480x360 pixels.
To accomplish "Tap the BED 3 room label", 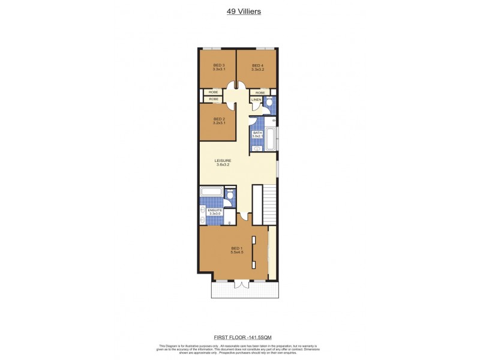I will click(219, 65).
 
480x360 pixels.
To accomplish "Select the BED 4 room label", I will click(257, 65).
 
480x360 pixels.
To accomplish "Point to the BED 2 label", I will click(219, 119).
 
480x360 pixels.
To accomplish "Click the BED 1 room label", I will click(237, 248).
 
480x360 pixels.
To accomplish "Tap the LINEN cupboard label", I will click(256, 100).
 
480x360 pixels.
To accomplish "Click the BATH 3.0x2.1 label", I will click(257, 134).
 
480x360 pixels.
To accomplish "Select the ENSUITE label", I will click(215, 210).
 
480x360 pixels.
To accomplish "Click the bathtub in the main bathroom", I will click(270, 139).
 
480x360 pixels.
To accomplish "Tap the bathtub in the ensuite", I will click(211, 192).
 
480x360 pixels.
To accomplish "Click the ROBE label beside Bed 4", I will click(260, 92).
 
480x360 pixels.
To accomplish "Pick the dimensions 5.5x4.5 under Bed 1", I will click(237, 252).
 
